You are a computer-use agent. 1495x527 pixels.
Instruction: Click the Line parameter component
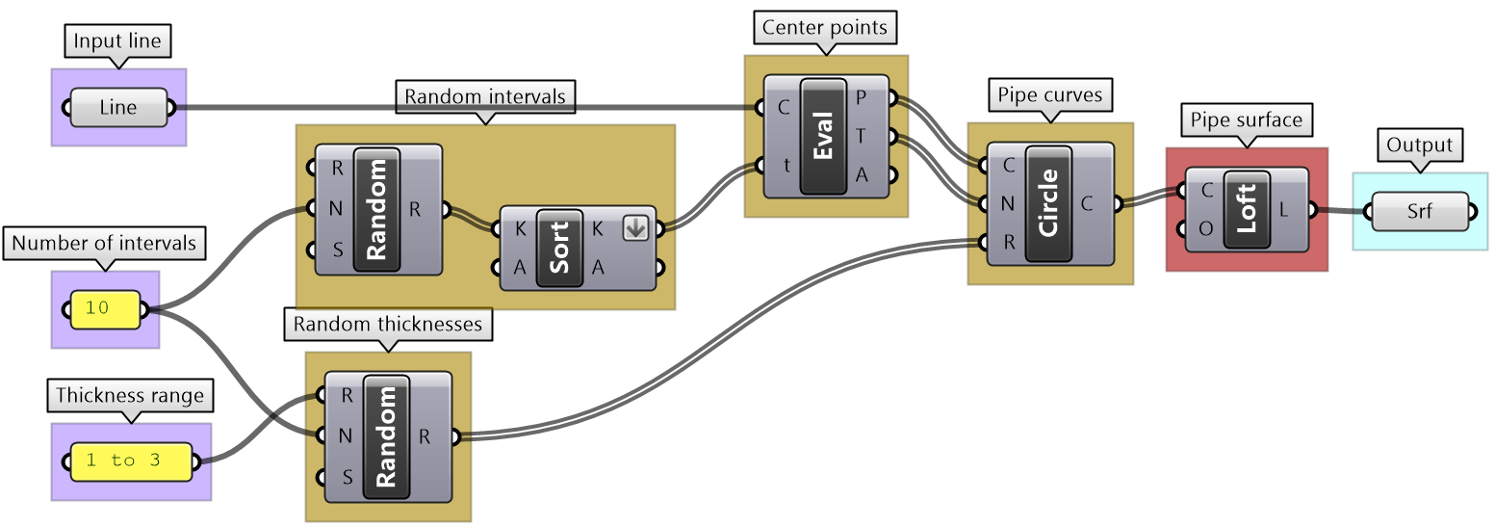pos(118,107)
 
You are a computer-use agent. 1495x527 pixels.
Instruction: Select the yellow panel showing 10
pos(104,309)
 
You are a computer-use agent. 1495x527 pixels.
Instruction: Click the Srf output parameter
pos(1419,211)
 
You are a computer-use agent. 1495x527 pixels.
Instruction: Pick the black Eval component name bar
pos(823,137)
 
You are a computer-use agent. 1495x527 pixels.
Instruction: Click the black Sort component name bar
pos(559,248)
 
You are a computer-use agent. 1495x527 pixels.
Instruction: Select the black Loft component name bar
pos(1247,210)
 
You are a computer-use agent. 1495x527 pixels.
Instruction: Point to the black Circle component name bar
pos(1048,203)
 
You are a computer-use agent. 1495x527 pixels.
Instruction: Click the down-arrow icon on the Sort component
pos(635,228)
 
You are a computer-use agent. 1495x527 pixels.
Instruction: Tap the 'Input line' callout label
pos(117,41)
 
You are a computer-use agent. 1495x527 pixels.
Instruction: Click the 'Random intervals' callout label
pos(485,96)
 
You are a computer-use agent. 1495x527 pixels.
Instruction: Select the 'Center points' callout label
pos(825,27)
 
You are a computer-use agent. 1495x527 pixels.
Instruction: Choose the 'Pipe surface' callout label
pos(1246,120)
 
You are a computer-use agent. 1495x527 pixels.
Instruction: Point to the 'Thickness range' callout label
pos(130,395)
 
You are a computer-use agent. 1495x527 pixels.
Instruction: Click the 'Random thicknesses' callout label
pos(388,325)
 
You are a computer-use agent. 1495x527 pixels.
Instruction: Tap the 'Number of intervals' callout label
pos(104,244)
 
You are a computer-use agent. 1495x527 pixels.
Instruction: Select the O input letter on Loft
pos(1205,229)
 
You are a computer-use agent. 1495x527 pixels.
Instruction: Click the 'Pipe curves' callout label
pos(1048,95)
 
